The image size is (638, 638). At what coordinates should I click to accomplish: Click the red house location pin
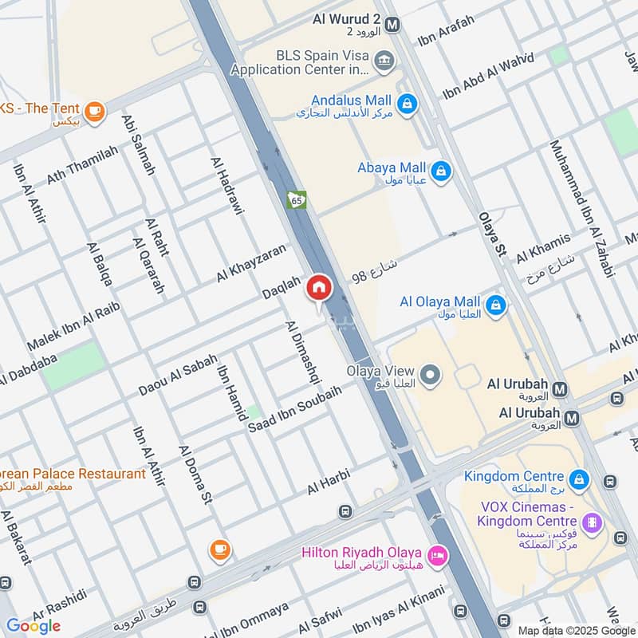pyautogui.click(x=319, y=288)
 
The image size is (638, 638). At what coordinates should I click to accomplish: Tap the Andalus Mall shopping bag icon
pyautogui.click(x=407, y=104)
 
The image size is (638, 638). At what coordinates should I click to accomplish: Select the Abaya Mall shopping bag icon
pyautogui.click(x=439, y=170)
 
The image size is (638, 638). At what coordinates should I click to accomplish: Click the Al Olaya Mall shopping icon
pyautogui.click(x=495, y=305)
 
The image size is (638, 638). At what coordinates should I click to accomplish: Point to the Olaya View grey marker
pyautogui.click(x=431, y=374)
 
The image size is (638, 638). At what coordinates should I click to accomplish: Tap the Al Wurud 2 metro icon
pyautogui.click(x=392, y=25)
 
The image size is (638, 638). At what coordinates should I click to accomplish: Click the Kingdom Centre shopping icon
pyautogui.click(x=579, y=479)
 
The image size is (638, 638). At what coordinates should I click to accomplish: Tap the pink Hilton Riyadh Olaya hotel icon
pyautogui.click(x=436, y=556)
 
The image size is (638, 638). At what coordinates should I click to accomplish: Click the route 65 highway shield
pyautogui.click(x=297, y=200)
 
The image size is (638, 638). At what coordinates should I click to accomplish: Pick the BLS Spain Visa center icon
pyautogui.click(x=384, y=61)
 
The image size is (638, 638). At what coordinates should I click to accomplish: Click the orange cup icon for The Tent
pyautogui.click(x=95, y=112)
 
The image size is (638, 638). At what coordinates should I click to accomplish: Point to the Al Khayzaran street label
pyautogui.click(x=250, y=263)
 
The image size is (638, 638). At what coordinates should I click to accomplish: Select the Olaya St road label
pyautogui.click(x=492, y=234)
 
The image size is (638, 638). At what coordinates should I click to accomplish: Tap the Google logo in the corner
pyautogui.click(x=33, y=625)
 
